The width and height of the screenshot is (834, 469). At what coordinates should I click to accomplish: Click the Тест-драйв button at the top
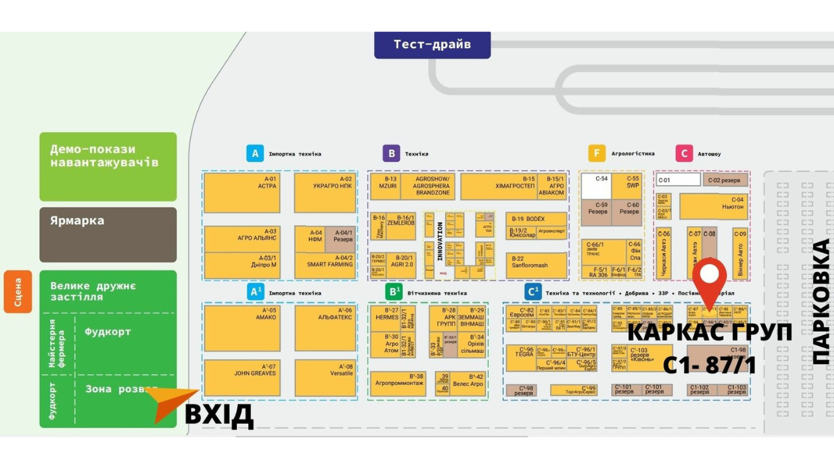[x=432, y=45]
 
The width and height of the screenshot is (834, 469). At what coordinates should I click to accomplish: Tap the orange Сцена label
[x=18, y=292]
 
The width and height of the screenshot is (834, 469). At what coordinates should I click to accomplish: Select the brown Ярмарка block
[x=108, y=234]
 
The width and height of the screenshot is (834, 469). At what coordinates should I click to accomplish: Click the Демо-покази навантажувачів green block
[x=108, y=167]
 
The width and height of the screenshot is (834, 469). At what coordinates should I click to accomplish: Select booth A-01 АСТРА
[x=242, y=193]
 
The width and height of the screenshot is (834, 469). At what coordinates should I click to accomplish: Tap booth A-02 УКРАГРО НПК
[x=324, y=193]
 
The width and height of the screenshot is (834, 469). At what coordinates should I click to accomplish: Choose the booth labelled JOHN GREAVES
[x=242, y=378]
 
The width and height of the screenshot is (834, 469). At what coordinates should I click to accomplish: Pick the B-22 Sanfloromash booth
[x=536, y=265]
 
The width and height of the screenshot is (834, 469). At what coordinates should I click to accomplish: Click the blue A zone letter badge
[x=255, y=154]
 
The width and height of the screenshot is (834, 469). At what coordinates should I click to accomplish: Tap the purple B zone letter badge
[x=391, y=154]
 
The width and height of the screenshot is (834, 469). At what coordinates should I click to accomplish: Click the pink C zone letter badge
[x=683, y=154]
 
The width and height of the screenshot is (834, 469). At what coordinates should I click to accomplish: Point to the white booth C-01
[x=678, y=180]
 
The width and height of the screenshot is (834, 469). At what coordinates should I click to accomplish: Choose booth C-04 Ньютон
[x=713, y=206]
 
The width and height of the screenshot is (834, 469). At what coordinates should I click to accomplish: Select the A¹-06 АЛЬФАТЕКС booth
[x=324, y=328]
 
